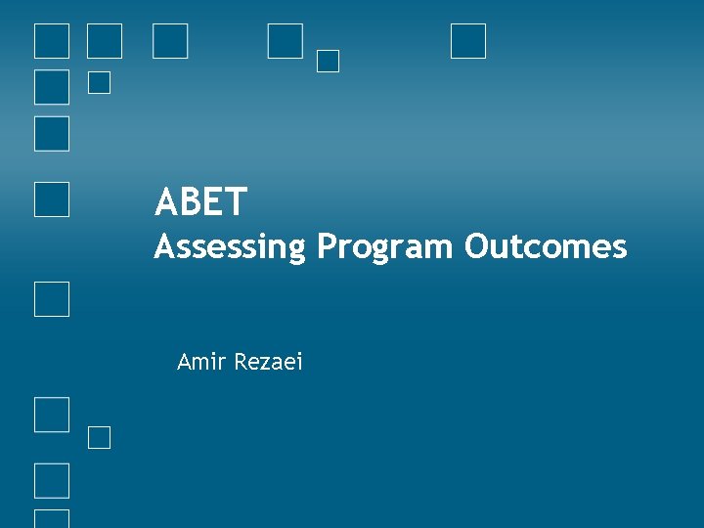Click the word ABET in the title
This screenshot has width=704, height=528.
click(200, 202)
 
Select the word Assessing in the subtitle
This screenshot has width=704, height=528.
click(230, 247)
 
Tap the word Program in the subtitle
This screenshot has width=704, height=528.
click(385, 247)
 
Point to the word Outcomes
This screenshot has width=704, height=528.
click(546, 246)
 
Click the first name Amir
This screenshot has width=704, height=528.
click(199, 362)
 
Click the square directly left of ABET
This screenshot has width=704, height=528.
click(52, 198)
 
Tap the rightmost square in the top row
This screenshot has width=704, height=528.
click(468, 41)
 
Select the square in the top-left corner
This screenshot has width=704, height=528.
click(52, 41)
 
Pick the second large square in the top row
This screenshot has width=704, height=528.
click(105, 41)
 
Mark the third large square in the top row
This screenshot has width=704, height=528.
click(171, 41)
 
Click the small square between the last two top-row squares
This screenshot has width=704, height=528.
click(329, 61)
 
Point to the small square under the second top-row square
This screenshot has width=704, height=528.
click(99, 83)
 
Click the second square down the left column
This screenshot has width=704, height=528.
click(52, 87)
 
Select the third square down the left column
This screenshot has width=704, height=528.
click(52, 134)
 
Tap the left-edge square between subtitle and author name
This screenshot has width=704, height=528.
click(52, 299)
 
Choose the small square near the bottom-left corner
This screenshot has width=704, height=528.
click(99, 437)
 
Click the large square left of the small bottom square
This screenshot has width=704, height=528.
click(52, 415)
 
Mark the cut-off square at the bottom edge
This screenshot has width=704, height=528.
click(52, 519)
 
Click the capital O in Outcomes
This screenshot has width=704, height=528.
click(478, 246)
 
